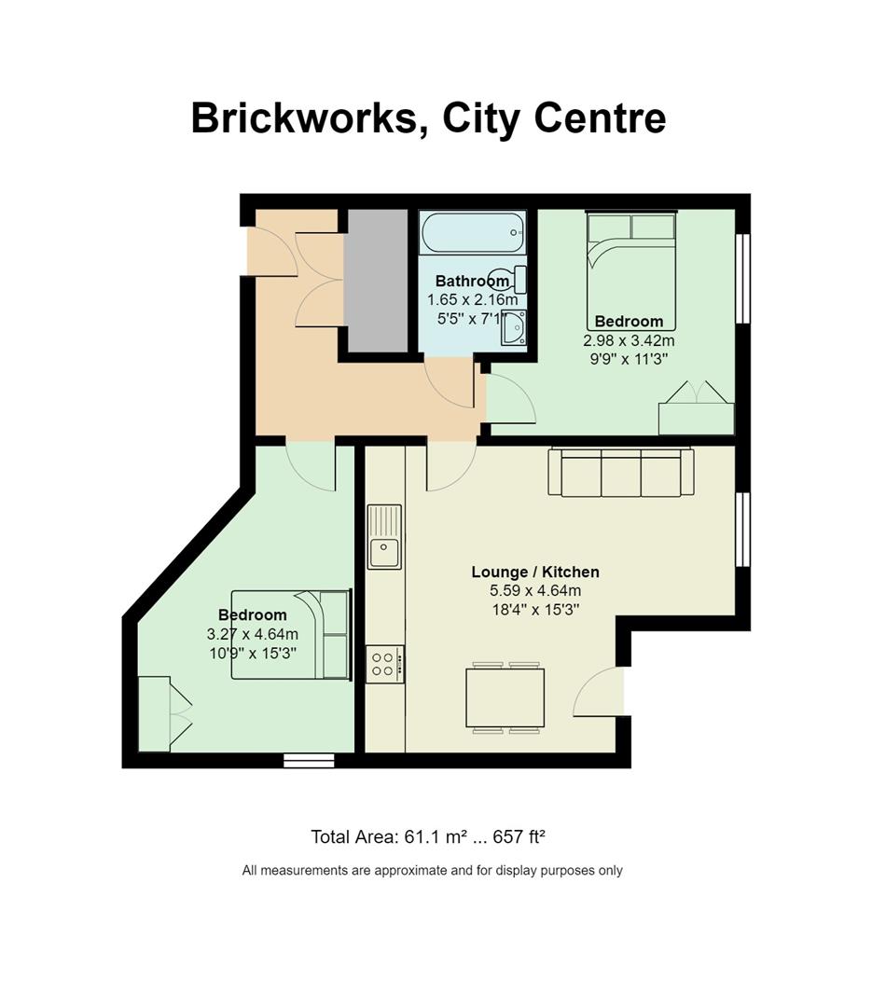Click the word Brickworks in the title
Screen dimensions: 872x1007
(305, 117)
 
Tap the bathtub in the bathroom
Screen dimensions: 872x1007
(472, 232)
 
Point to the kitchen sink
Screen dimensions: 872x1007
(384, 536)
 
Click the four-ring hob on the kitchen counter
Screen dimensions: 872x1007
(385, 664)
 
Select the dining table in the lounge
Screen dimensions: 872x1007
(505, 697)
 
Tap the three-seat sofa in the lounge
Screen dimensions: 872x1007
(621, 472)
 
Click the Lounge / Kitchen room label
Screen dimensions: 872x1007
(535, 572)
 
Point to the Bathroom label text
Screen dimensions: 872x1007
(472, 281)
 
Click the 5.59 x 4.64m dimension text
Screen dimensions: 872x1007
(535, 590)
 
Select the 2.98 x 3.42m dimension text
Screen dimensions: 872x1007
(629, 340)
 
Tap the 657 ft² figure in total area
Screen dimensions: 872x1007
(519, 836)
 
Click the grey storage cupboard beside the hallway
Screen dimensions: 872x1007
(376, 281)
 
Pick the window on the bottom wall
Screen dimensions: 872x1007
(309, 761)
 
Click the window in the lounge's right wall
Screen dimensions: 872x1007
(743, 530)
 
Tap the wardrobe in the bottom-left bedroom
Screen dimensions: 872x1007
(165, 713)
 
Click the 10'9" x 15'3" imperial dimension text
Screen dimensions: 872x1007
(253, 654)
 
